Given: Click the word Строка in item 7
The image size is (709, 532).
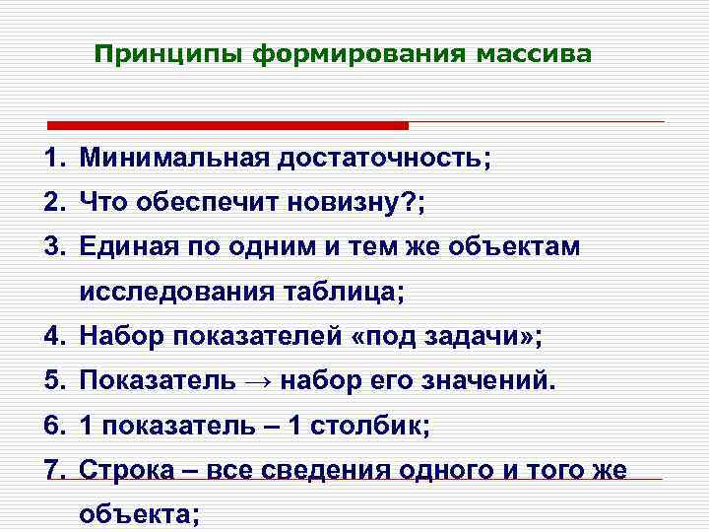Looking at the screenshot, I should pyautogui.click(x=124, y=471).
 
